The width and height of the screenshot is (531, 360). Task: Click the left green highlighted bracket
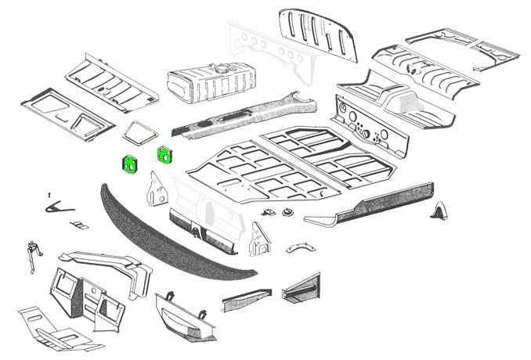click(x=128, y=164)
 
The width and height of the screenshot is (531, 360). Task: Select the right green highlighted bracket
click(x=164, y=154)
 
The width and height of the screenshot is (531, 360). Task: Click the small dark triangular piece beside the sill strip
click(x=439, y=211)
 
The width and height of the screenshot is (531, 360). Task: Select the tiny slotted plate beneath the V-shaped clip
click(x=78, y=225)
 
